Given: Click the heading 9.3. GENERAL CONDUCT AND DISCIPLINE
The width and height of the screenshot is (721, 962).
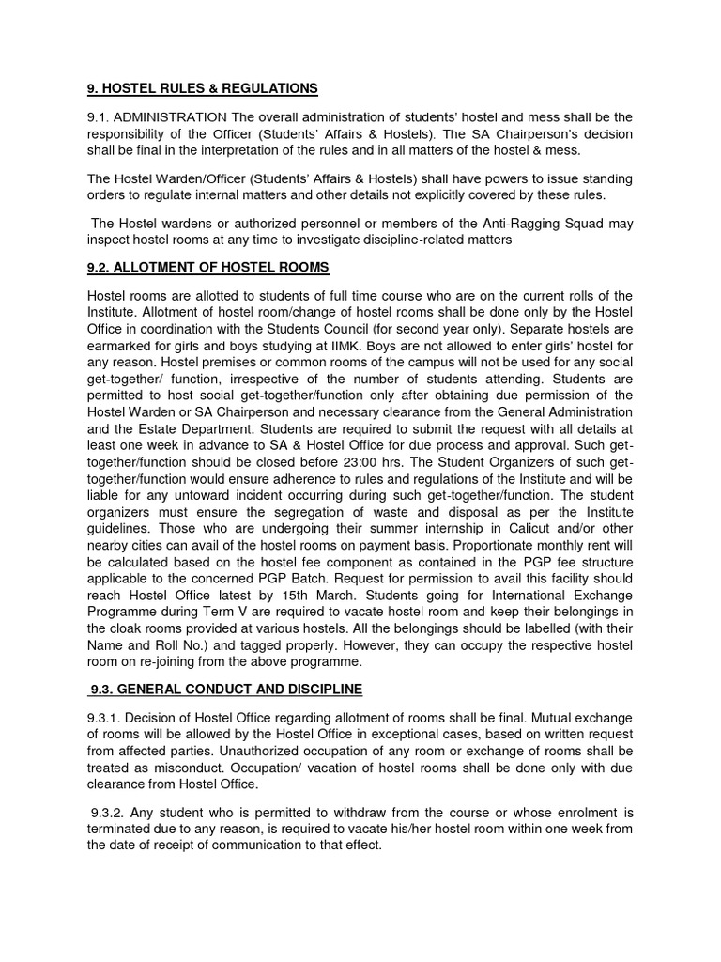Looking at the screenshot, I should (226, 690).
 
